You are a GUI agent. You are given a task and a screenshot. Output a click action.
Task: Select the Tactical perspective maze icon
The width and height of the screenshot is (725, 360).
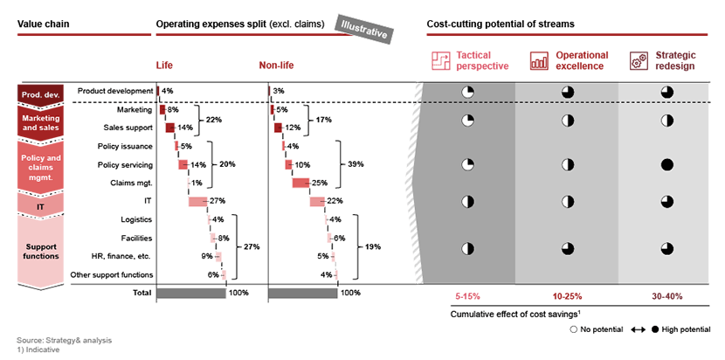(x=440, y=60)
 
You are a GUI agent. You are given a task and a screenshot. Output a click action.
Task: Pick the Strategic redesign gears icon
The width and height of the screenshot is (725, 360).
(x=639, y=60)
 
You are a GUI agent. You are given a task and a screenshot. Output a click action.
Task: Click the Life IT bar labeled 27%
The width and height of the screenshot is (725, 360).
(x=198, y=201)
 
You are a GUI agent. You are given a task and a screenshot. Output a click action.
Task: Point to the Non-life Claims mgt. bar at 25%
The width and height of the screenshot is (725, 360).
(x=301, y=183)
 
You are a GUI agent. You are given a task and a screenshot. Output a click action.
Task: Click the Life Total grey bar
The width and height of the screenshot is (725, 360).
(x=191, y=293)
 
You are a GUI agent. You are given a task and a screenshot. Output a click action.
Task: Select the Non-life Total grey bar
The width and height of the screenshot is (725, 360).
(x=303, y=293)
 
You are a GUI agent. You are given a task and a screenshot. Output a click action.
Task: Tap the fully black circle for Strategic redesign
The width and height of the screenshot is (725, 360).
(x=666, y=164)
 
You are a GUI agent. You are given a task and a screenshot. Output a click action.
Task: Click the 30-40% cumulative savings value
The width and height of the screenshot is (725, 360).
(x=666, y=296)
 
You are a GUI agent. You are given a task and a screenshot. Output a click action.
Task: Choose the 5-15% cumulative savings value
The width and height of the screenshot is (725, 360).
(x=467, y=296)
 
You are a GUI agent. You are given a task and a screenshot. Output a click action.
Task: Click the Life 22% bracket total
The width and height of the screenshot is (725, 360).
(x=214, y=120)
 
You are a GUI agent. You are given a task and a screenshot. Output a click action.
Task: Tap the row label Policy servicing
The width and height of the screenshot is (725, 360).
(x=125, y=165)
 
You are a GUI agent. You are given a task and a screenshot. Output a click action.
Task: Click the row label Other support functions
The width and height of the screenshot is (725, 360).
(x=112, y=275)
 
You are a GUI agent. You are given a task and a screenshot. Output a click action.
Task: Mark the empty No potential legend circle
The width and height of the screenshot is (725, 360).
(x=574, y=329)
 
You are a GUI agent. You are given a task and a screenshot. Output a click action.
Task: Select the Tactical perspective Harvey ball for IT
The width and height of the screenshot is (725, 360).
(x=468, y=201)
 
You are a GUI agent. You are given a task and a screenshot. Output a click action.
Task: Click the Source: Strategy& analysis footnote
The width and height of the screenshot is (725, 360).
(x=65, y=341)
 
